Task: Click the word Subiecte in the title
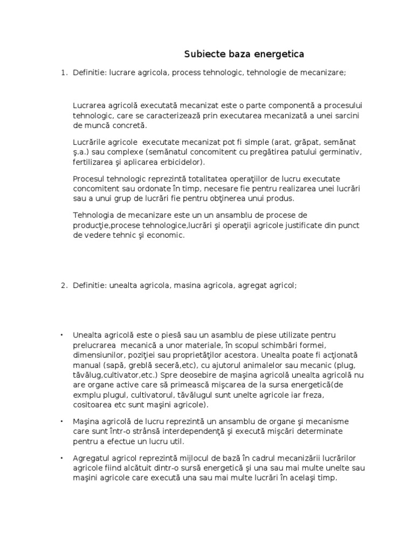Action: coord(202,54)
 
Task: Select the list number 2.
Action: coord(63,285)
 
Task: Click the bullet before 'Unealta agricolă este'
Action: coord(63,335)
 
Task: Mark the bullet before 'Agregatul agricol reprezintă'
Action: coord(63,457)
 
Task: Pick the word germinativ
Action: coord(338,152)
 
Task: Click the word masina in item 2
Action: coord(187,285)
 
